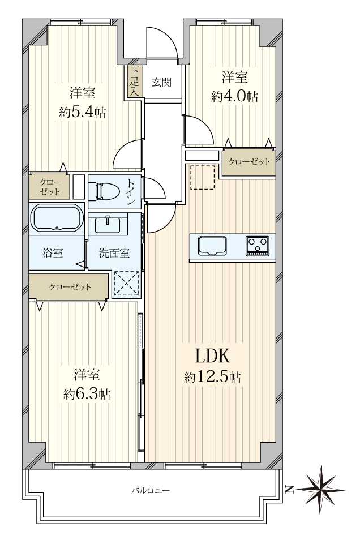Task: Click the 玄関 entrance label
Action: pos(162,83)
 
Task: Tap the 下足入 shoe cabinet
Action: pos(135,82)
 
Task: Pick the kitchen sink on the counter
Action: pos(213,246)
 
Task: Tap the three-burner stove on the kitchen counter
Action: pos(258,246)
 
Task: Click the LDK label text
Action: pos(212,356)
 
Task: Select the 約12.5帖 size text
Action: pos(212,376)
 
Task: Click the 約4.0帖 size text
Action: pos(234,96)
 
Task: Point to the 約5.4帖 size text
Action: pos(82,113)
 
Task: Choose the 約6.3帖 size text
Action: pos(87,394)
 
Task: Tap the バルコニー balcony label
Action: pos(151,491)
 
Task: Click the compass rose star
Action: pos(321,490)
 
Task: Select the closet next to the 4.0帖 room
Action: pos(249,162)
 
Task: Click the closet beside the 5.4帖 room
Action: pos(50,187)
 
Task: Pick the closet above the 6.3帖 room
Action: pos(69,286)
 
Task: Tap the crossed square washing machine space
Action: pos(127,284)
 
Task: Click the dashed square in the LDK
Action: pos(202,177)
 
